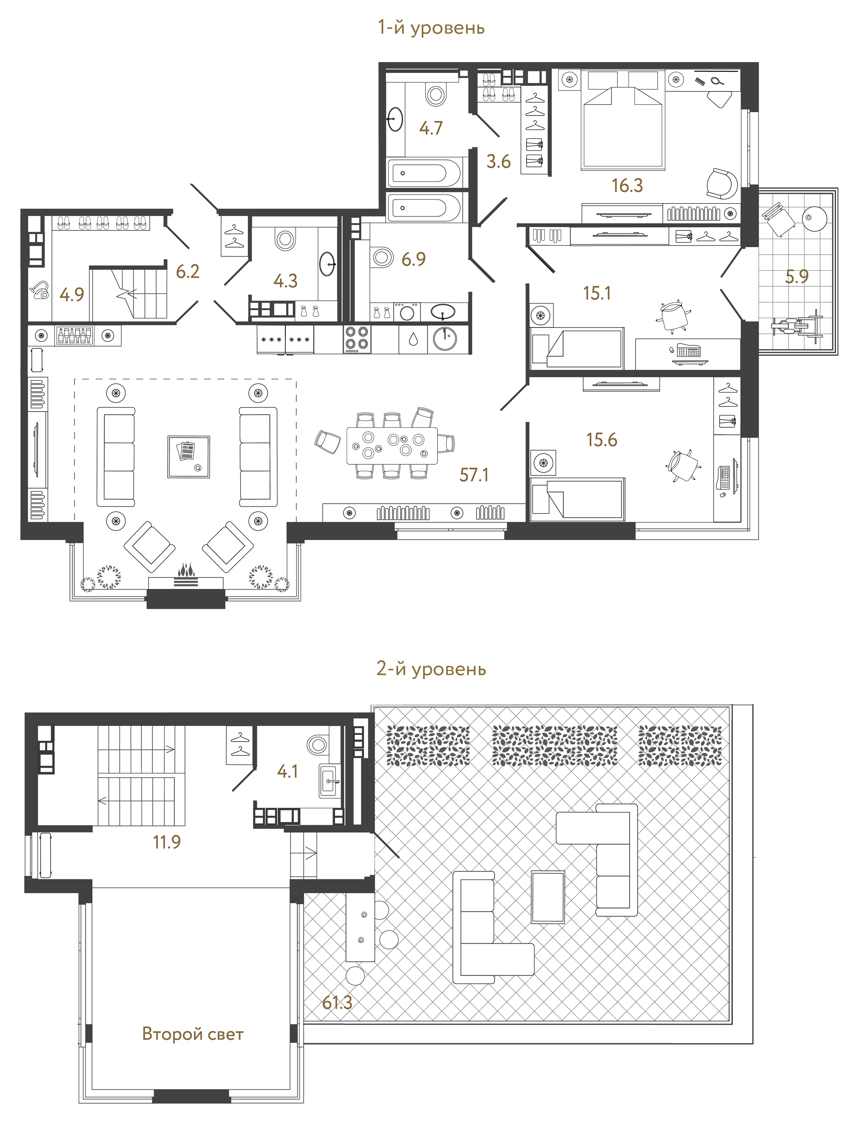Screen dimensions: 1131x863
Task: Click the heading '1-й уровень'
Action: [x=431, y=27]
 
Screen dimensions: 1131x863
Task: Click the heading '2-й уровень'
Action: [x=431, y=668]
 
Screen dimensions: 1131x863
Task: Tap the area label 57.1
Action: [x=474, y=475]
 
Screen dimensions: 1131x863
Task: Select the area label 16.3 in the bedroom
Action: [x=627, y=186]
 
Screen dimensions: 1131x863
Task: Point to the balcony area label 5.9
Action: [x=797, y=277]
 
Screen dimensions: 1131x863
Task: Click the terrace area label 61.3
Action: [x=337, y=1002]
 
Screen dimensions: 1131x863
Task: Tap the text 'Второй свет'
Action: [x=193, y=1033]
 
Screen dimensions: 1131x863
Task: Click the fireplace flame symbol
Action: [x=186, y=570]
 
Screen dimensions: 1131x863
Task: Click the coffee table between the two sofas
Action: [x=188, y=457]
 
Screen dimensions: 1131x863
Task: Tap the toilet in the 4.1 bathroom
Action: [x=317, y=744]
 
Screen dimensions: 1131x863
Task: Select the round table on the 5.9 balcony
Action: [x=814, y=218]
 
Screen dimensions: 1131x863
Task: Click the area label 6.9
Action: [x=413, y=259]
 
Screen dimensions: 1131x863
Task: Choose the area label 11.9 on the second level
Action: [x=167, y=842]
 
